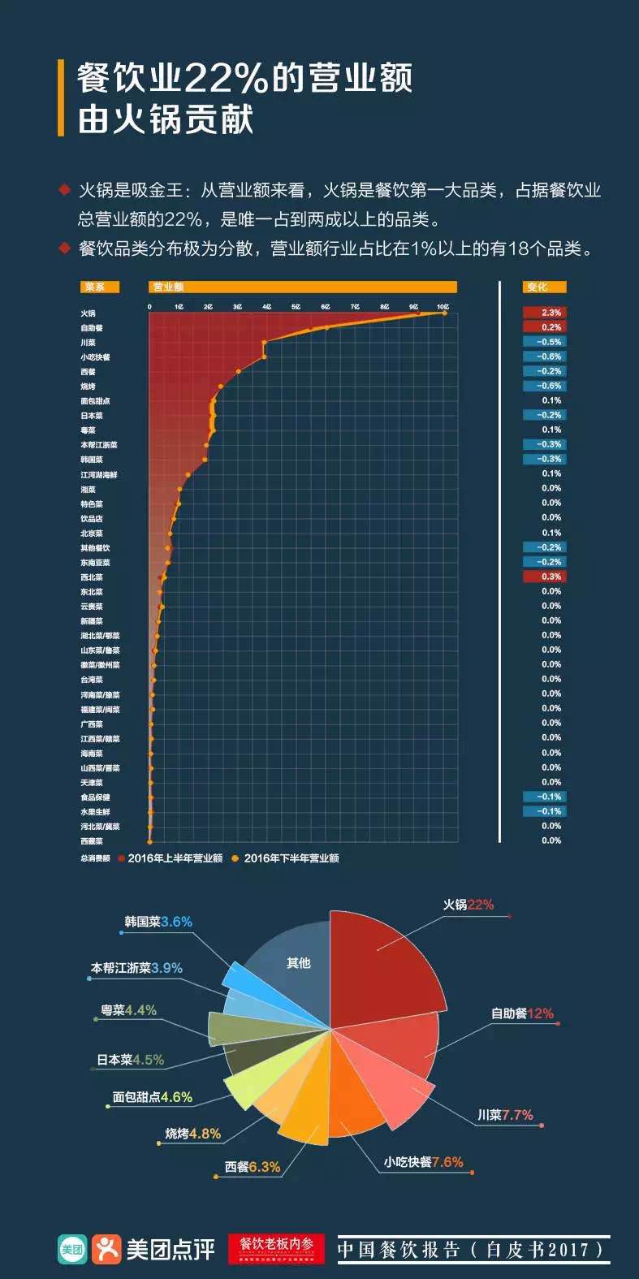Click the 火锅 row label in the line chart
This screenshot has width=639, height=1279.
[x=88, y=313]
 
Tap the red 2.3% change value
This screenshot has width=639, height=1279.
[x=543, y=313]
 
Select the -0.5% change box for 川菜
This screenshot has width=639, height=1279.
[x=543, y=342]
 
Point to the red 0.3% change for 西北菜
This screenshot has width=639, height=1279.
[x=543, y=577]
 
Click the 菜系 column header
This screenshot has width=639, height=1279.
[x=98, y=287]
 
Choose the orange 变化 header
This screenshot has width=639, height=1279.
[x=543, y=287]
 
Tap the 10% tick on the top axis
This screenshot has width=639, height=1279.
[x=443, y=306]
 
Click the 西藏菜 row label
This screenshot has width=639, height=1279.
[x=92, y=841]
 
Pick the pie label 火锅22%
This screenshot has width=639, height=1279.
[x=468, y=905]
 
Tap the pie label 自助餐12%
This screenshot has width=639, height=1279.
[x=521, y=1013]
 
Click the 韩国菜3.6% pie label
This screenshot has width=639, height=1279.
[x=158, y=922]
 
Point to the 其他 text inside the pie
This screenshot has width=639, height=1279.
[x=298, y=963]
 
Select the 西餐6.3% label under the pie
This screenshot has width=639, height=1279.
[x=253, y=1167]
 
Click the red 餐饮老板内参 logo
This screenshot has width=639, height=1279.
[x=276, y=1249]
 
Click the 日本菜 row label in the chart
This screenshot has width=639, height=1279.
[x=92, y=416]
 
